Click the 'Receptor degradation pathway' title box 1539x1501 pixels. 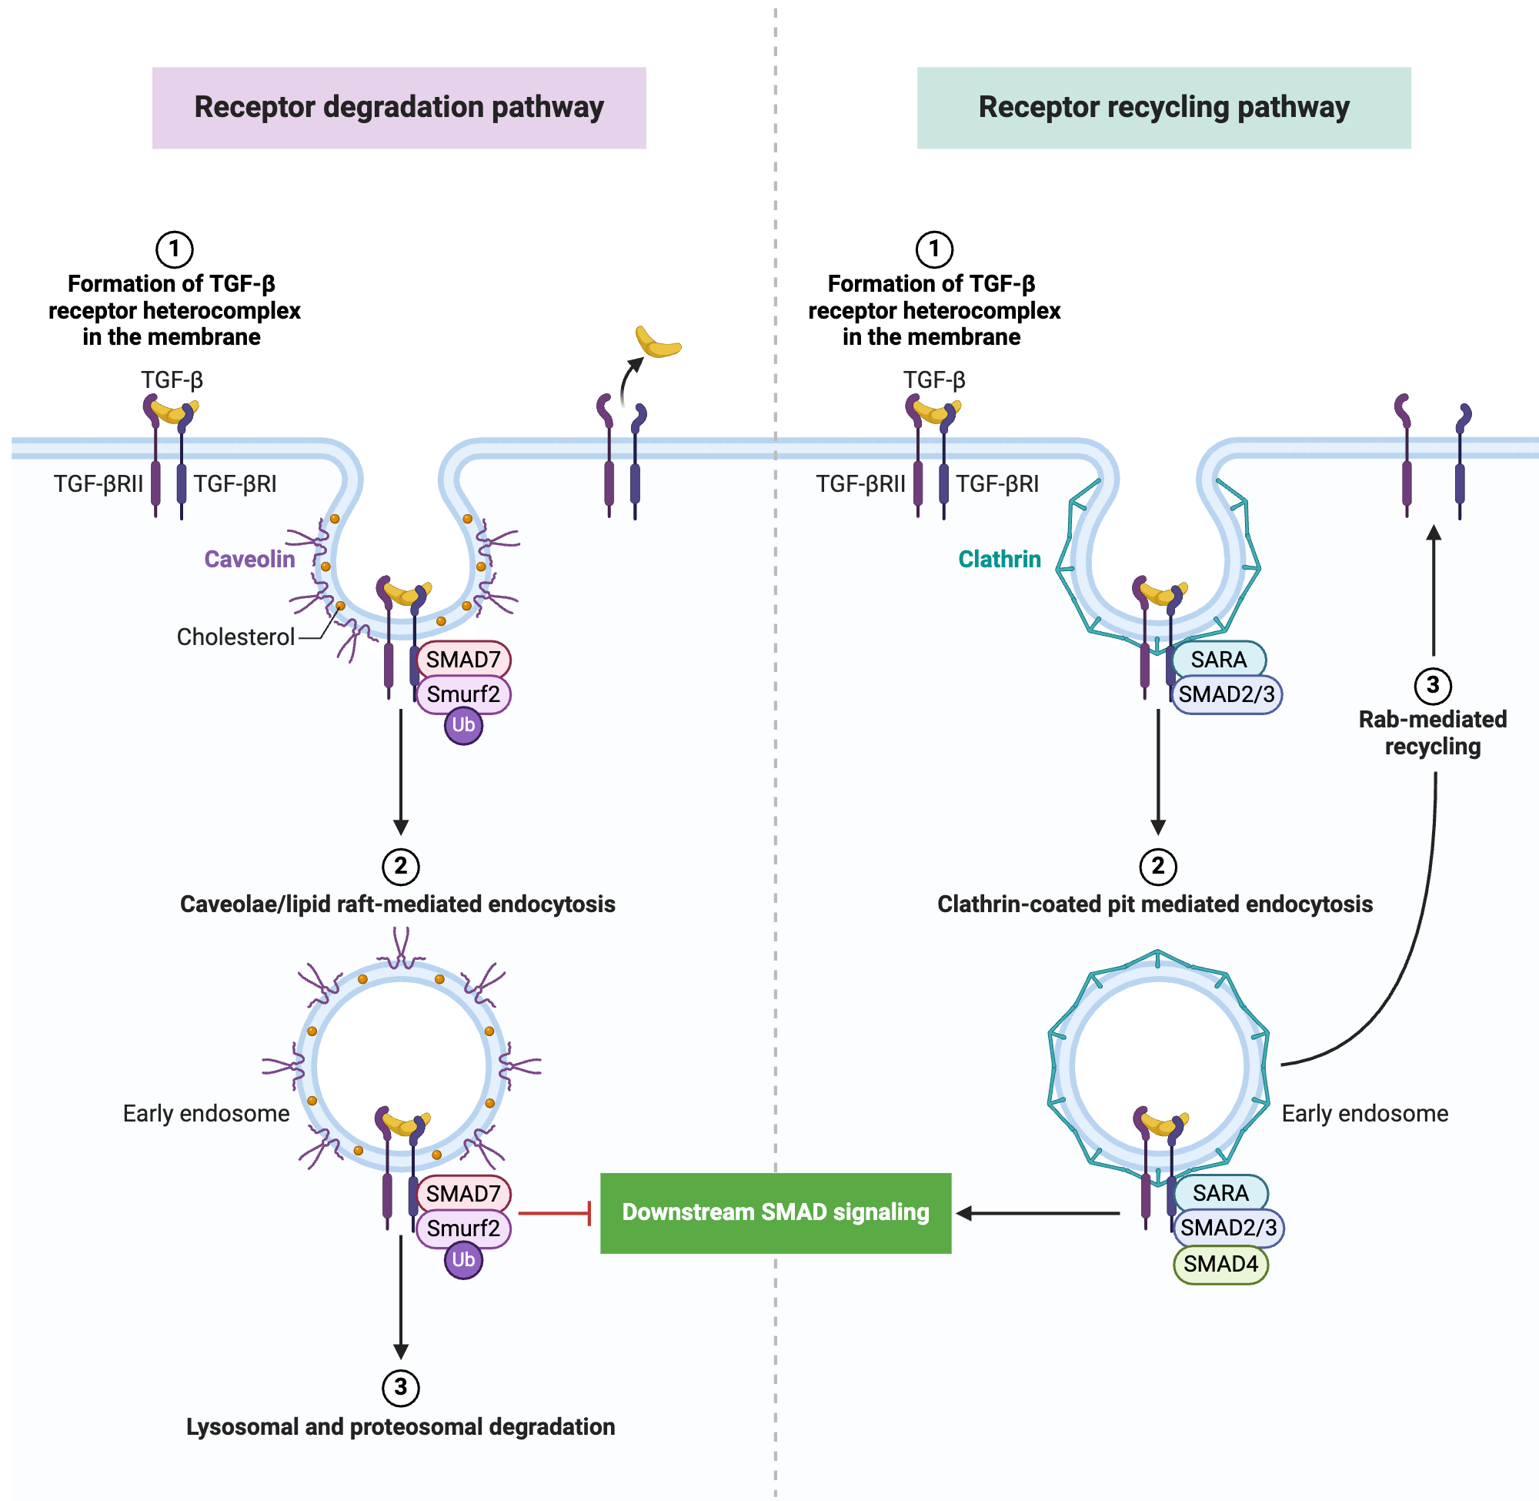tap(399, 108)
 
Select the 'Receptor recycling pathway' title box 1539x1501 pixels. tap(1163, 108)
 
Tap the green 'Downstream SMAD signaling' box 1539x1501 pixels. tap(776, 1212)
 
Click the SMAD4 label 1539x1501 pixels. tap(1220, 1265)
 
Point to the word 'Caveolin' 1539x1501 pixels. tap(249, 559)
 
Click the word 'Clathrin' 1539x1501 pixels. tap(1000, 559)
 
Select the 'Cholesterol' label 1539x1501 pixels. tap(235, 637)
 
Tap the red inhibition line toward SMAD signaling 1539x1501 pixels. tap(554, 1212)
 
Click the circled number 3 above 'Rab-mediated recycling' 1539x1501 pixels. tap(1433, 686)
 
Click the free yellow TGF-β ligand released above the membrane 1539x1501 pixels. tap(658, 344)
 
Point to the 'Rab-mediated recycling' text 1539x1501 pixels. tap(1433, 732)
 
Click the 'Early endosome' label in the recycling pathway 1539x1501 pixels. tap(1365, 1113)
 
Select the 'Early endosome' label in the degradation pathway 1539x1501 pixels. tap(205, 1113)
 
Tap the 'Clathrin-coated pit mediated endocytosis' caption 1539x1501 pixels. tap(1154, 904)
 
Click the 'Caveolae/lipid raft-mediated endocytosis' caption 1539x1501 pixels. tap(397, 904)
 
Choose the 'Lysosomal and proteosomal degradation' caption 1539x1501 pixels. tap(400, 1427)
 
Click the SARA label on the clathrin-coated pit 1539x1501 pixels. tap(1218, 660)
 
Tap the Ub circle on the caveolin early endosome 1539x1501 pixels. tap(463, 1260)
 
